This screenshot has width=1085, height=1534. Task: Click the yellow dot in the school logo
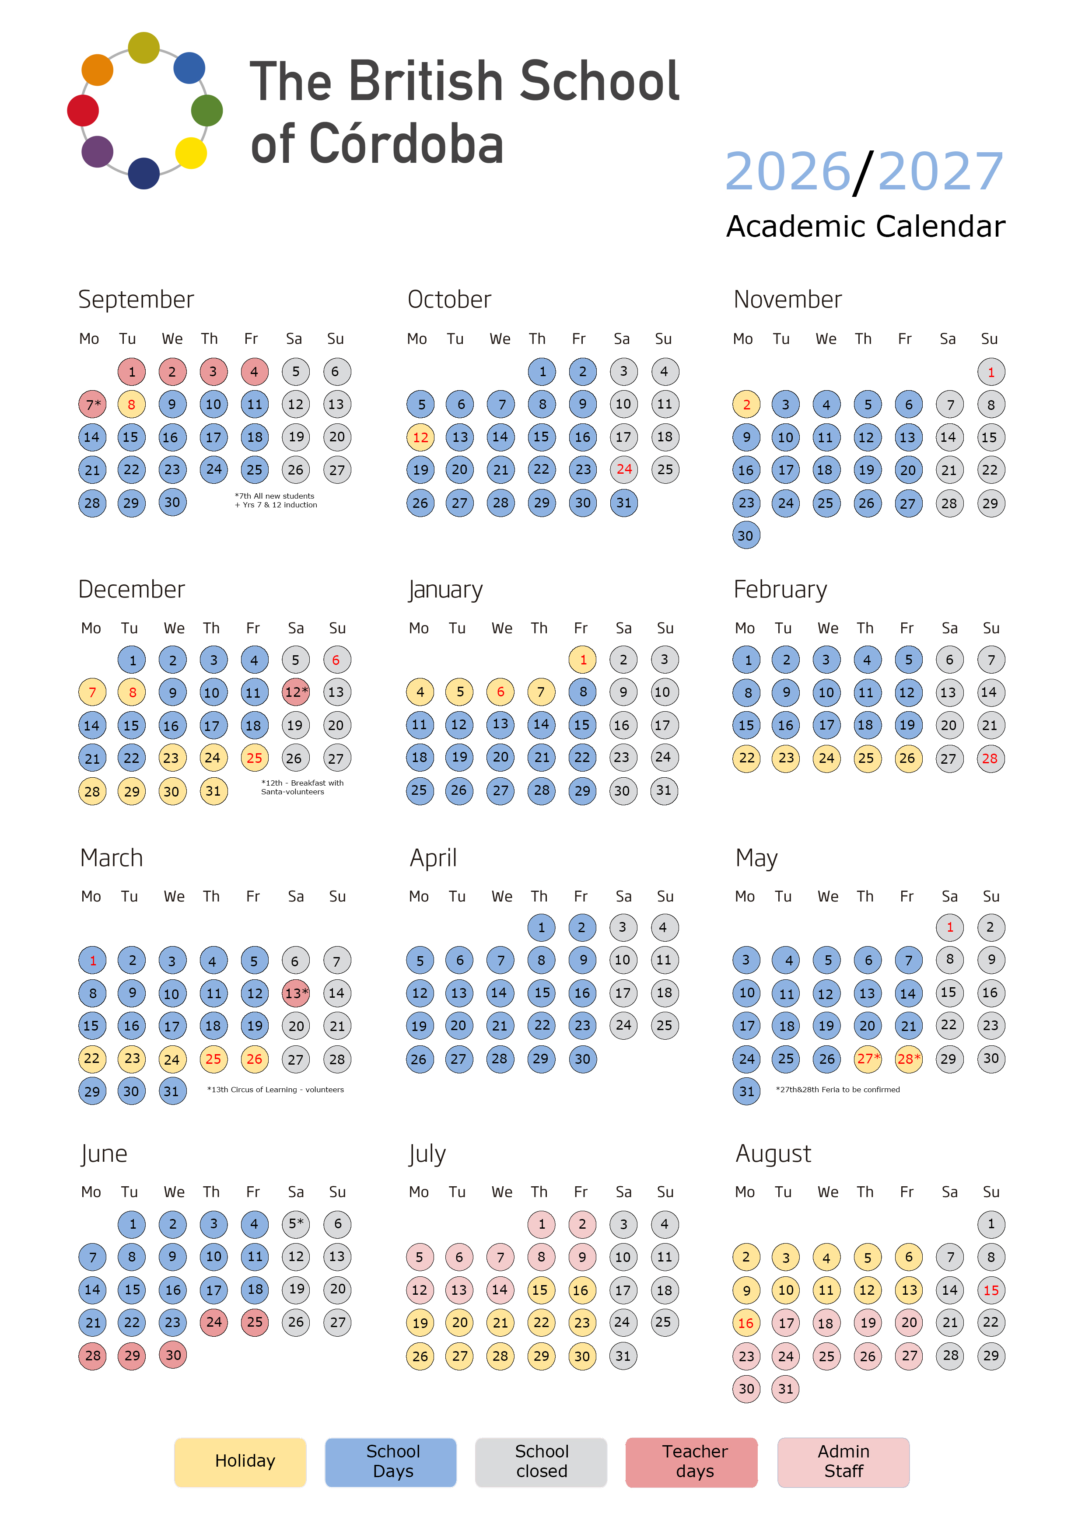pos(191,153)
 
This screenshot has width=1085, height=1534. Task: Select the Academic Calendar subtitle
pos(866,227)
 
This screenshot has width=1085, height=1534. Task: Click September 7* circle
pos(92,404)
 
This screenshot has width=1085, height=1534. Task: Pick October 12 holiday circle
pos(421,437)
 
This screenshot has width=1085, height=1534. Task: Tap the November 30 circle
pos(746,535)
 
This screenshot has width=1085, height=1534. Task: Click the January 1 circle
pos(583,660)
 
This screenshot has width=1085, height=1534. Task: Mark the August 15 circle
pos(991,1290)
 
